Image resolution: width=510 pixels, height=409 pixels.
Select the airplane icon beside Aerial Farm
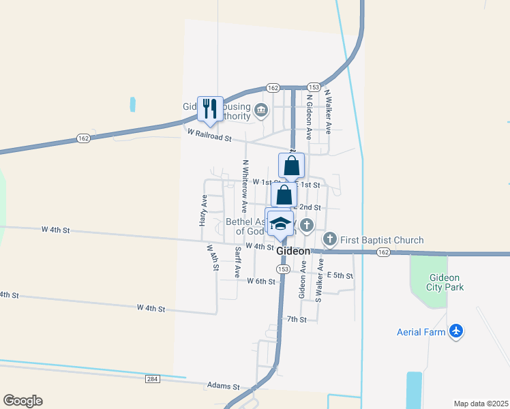(456, 332)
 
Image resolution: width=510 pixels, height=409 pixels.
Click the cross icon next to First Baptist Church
(330, 239)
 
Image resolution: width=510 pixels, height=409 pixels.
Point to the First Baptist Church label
(382, 240)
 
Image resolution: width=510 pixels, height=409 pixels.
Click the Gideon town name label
(294, 252)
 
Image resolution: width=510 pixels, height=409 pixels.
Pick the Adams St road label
(224, 387)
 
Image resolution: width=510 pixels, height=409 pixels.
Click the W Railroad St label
(210, 137)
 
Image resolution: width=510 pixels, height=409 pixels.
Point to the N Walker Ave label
(327, 110)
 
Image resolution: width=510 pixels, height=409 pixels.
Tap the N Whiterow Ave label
(244, 179)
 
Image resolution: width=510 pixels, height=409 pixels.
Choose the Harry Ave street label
(203, 211)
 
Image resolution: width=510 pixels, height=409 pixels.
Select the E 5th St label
(340, 275)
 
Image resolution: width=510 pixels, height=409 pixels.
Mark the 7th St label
(297, 319)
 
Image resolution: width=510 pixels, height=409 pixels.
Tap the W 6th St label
(261, 281)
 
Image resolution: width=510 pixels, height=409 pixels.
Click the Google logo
(22, 401)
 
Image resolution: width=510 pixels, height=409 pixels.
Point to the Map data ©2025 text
(481, 404)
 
